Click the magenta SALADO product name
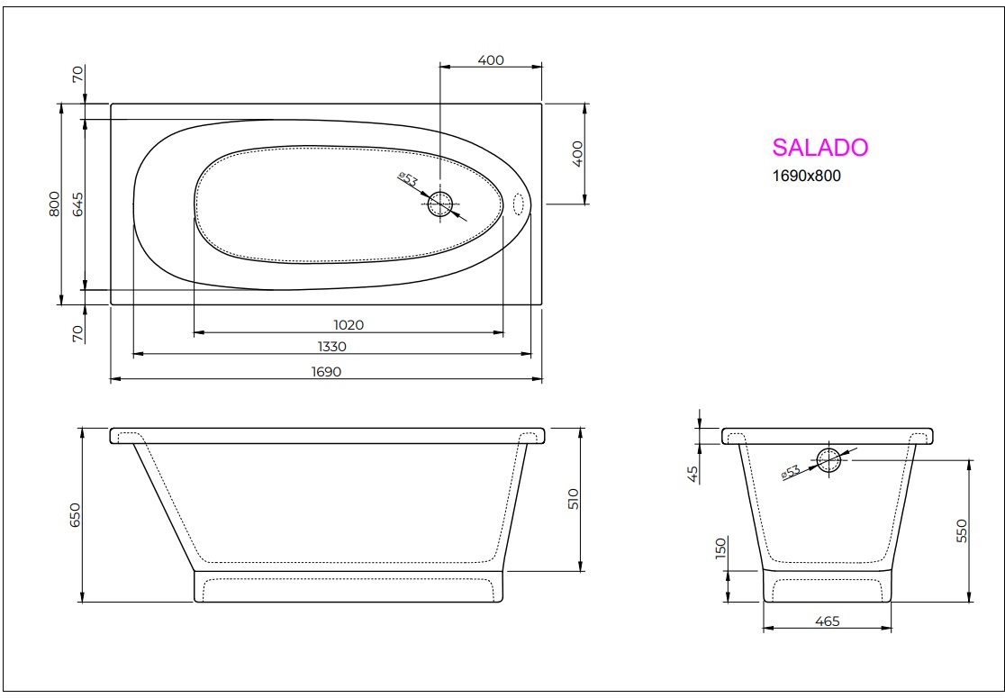pyautogui.click(x=819, y=148)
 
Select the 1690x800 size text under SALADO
pyautogui.click(x=806, y=177)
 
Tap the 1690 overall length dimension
pyautogui.click(x=326, y=371)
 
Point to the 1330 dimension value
pyautogui.click(x=331, y=347)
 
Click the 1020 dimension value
pyautogui.click(x=348, y=324)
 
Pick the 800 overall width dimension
pyautogui.click(x=54, y=204)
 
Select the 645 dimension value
pyautogui.click(x=77, y=204)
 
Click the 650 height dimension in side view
pyautogui.click(x=76, y=514)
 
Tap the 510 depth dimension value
pyautogui.click(x=574, y=498)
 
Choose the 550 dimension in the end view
pyautogui.click(x=961, y=530)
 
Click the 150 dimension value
pyautogui.click(x=720, y=549)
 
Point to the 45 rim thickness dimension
pyautogui.click(x=692, y=475)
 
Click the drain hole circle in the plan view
pyautogui.click(x=440, y=205)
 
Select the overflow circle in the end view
pyautogui.click(x=828, y=460)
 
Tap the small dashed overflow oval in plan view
pyautogui.click(x=519, y=204)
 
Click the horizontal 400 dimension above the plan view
pyautogui.click(x=491, y=60)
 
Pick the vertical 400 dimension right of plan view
pyautogui.click(x=578, y=152)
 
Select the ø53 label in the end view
pyautogui.click(x=791, y=472)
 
